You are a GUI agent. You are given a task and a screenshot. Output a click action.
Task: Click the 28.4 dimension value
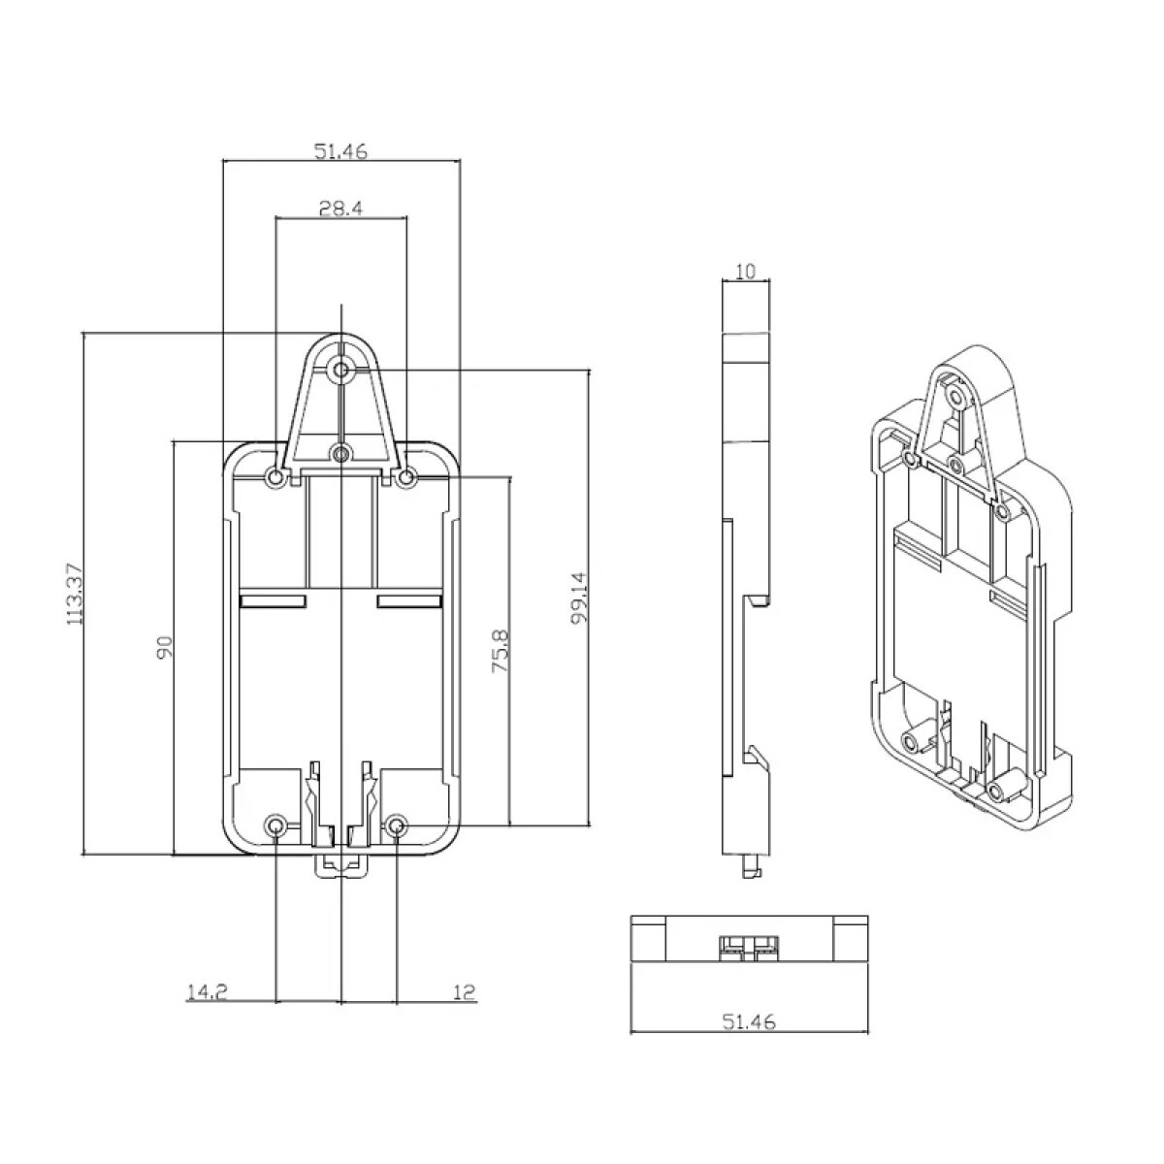tap(340, 209)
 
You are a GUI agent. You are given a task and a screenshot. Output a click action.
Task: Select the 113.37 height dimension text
tap(75, 594)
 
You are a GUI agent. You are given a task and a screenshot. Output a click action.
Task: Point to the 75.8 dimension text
tap(501, 652)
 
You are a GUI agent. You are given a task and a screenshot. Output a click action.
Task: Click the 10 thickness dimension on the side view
tap(746, 272)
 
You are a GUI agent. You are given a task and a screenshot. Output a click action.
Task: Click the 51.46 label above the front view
tap(340, 151)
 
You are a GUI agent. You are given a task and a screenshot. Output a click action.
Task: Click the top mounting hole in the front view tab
tap(341, 369)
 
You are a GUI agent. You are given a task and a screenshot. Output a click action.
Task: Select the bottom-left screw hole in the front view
tap(276, 825)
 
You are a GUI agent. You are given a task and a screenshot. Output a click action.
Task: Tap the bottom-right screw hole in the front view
tap(397, 825)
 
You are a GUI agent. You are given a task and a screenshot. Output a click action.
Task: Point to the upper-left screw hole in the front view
tap(275, 479)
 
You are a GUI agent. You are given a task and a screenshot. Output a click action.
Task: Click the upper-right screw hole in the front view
tap(406, 479)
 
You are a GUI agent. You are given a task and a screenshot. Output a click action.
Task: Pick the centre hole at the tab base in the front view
tap(341, 453)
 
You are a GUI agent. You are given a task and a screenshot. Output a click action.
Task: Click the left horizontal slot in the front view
tap(274, 601)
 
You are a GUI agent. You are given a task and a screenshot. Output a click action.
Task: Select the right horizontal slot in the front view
tap(410, 601)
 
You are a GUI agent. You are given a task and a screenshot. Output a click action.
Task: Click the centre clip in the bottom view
tap(749, 946)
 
